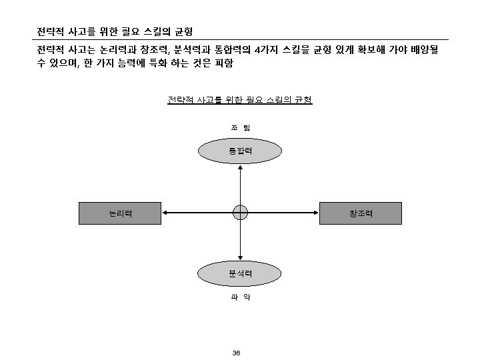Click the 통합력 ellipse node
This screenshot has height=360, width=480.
coord(240,151)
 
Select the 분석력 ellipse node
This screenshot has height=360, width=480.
coord(240,273)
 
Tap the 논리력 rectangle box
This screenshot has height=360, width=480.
coord(120,213)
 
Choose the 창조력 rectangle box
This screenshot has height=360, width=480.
coord(361,213)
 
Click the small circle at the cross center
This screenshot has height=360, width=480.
coord(240,213)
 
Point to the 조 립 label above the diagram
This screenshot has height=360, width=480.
coord(240,127)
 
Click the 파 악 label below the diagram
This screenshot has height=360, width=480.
coord(240,298)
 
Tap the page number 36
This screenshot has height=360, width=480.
coord(236,353)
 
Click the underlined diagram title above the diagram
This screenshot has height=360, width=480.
coord(240,101)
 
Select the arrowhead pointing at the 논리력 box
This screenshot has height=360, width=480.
coord(165,213)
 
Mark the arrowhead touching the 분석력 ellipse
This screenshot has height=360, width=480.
coord(240,259)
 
